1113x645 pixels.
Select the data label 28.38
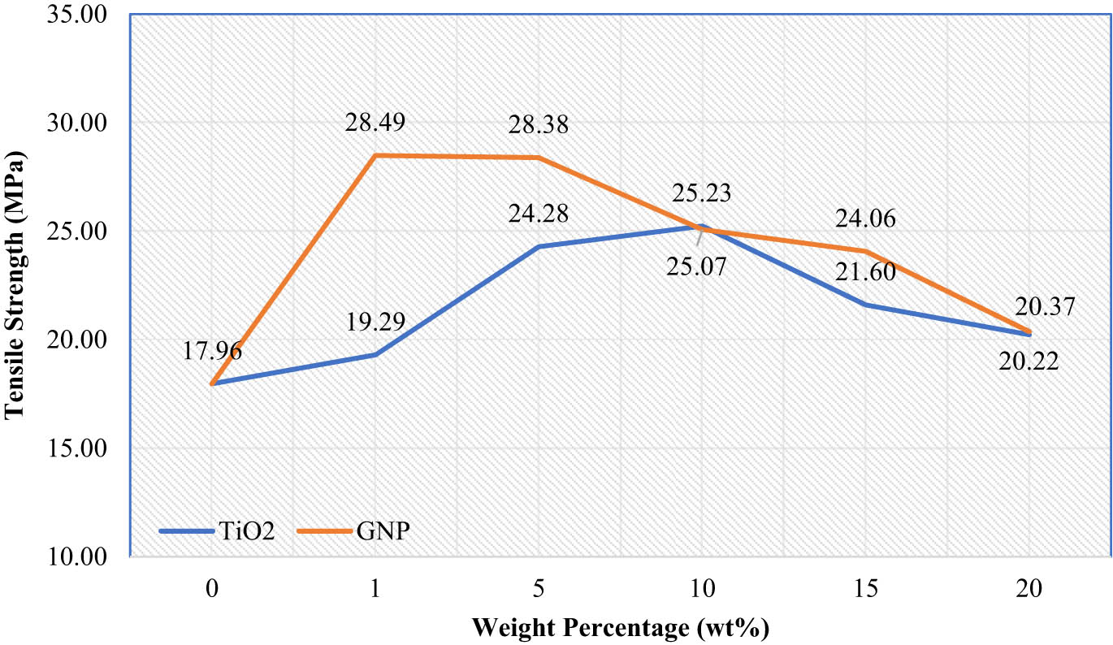click(x=539, y=126)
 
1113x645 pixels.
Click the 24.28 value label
click(x=539, y=214)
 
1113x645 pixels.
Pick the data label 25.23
click(x=702, y=193)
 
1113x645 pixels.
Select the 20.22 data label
click(x=1029, y=361)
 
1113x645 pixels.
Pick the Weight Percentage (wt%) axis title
click(x=620, y=628)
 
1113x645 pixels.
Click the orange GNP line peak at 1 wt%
click(x=375, y=155)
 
